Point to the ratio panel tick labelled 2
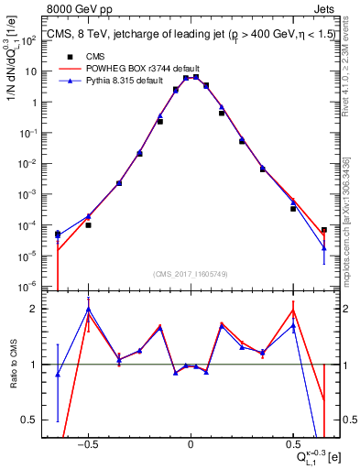click(x=35, y=309)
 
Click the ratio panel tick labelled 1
click(x=35, y=365)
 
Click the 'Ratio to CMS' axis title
click(x=14, y=365)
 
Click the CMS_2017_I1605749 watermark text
click(x=191, y=274)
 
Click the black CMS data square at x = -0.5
click(x=88, y=224)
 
